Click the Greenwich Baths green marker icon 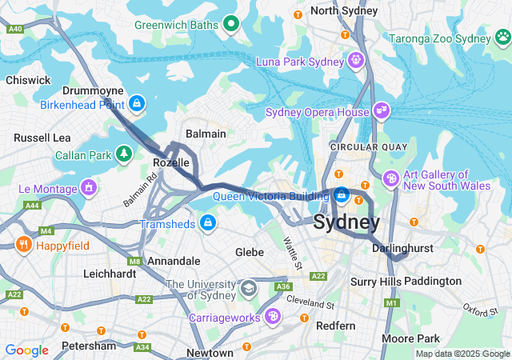tap(231, 24)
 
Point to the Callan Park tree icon tap(123, 153)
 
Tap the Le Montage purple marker tap(88, 189)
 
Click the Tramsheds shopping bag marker tap(208, 222)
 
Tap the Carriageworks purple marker tap(274, 318)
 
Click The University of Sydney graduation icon tap(249, 287)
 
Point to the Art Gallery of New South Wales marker tap(391, 178)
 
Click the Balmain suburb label tap(206, 134)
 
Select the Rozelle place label tap(170, 162)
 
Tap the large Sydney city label tap(346, 222)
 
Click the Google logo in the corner tap(26, 350)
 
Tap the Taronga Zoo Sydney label tap(450, 38)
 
